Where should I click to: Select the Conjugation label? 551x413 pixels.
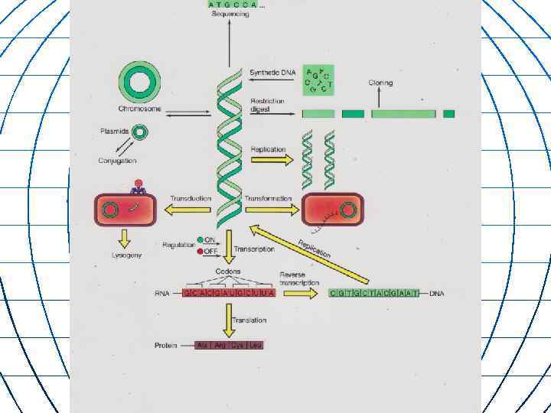(x=117, y=161)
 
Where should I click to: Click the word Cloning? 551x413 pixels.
(x=380, y=82)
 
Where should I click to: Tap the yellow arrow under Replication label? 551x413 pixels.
(x=272, y=160)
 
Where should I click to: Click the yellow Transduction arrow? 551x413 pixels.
(x=191, y=208)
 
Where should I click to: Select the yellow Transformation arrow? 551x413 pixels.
(x=268, y=208)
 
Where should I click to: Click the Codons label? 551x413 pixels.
(x=227, y=272)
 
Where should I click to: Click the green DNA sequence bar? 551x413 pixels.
(x=374, y=293)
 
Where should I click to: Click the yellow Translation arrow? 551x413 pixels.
(x=228, y=320)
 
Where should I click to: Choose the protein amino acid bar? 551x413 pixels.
(x=229, y=345)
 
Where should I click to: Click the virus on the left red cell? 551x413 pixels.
(x=139, y=187)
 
